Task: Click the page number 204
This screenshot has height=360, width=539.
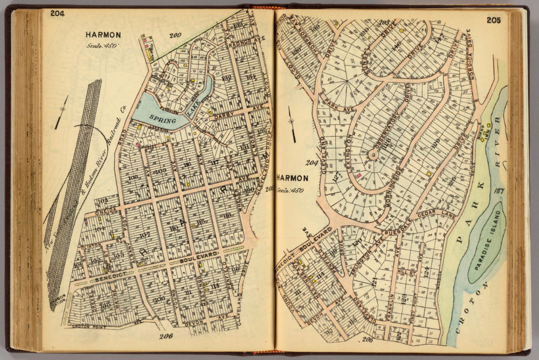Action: (57, 14)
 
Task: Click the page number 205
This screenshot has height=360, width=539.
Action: (494, 20)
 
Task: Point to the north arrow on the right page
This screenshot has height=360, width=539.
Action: (292, 124)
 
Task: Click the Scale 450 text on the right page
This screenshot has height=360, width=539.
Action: (289, 190)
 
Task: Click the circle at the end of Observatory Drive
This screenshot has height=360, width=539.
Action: (372, 155)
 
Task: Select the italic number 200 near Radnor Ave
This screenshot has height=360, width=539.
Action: (175, 36)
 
